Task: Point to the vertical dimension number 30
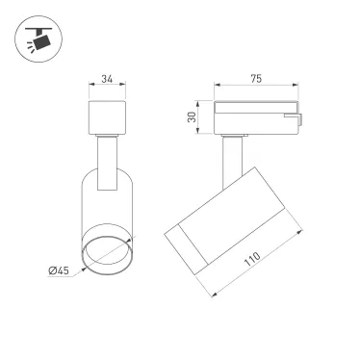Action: [192, 117]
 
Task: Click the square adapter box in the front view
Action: [106, 117]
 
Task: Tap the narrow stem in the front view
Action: [106, 154]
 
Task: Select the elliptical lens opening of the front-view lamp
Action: [106, 257]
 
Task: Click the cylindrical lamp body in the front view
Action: [106, 207]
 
